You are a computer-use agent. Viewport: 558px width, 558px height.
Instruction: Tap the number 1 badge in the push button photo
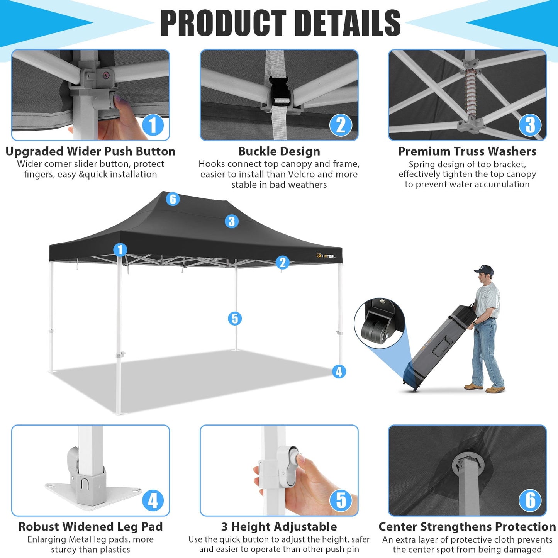click(153, 125)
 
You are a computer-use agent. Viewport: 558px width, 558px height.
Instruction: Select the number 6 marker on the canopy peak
click(173, 199)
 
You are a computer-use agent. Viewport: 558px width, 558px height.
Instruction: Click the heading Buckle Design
click(279, 151)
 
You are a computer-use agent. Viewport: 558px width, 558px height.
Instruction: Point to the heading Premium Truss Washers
click(467, 151)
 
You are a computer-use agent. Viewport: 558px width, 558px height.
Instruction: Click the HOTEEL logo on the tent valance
click(326, 256)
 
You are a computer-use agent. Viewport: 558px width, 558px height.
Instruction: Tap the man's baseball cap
click(484, 270)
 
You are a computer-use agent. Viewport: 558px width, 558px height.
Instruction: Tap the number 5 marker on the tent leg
click(235, 319)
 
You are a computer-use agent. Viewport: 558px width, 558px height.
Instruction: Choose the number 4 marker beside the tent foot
click(339, 371)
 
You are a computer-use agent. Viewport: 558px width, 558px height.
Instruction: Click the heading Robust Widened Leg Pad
click(90, 526)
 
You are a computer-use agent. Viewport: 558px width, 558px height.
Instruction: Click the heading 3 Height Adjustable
click(279, 526)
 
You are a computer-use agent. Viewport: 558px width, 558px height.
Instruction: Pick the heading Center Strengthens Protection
click(467, 526)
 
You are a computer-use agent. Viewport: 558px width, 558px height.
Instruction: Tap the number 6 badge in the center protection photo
click(530, 500)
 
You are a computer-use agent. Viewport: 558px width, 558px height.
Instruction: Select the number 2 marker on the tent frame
click(283, 262)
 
